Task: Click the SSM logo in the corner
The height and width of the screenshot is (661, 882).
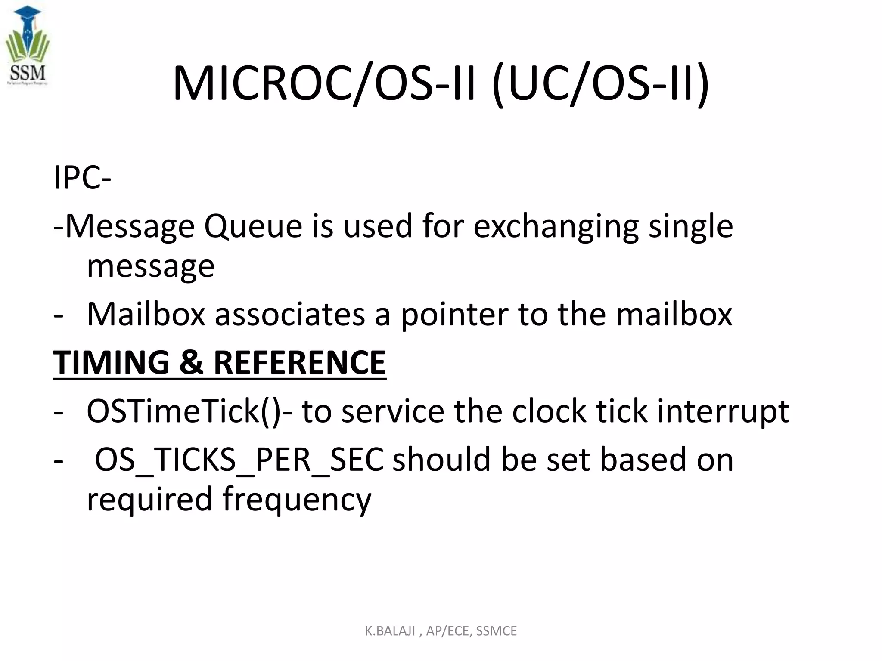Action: point(28,46)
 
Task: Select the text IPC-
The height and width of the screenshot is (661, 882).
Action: point(82,178)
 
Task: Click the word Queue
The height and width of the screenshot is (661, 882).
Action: point(253,226)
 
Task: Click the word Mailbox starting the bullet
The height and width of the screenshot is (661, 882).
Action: point(146,314)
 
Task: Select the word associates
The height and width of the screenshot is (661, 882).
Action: point(290,314)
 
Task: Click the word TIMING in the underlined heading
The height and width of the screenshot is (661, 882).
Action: point(111,362)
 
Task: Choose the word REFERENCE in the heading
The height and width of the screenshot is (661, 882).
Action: point(299,362)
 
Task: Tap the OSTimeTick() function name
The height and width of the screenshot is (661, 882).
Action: point(184,411)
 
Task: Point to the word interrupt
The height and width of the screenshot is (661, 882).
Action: point(723,411)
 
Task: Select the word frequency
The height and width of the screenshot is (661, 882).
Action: point(297,499)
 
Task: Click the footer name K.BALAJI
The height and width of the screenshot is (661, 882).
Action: point(390,631)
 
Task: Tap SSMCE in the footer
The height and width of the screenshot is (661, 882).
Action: point(496,631)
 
